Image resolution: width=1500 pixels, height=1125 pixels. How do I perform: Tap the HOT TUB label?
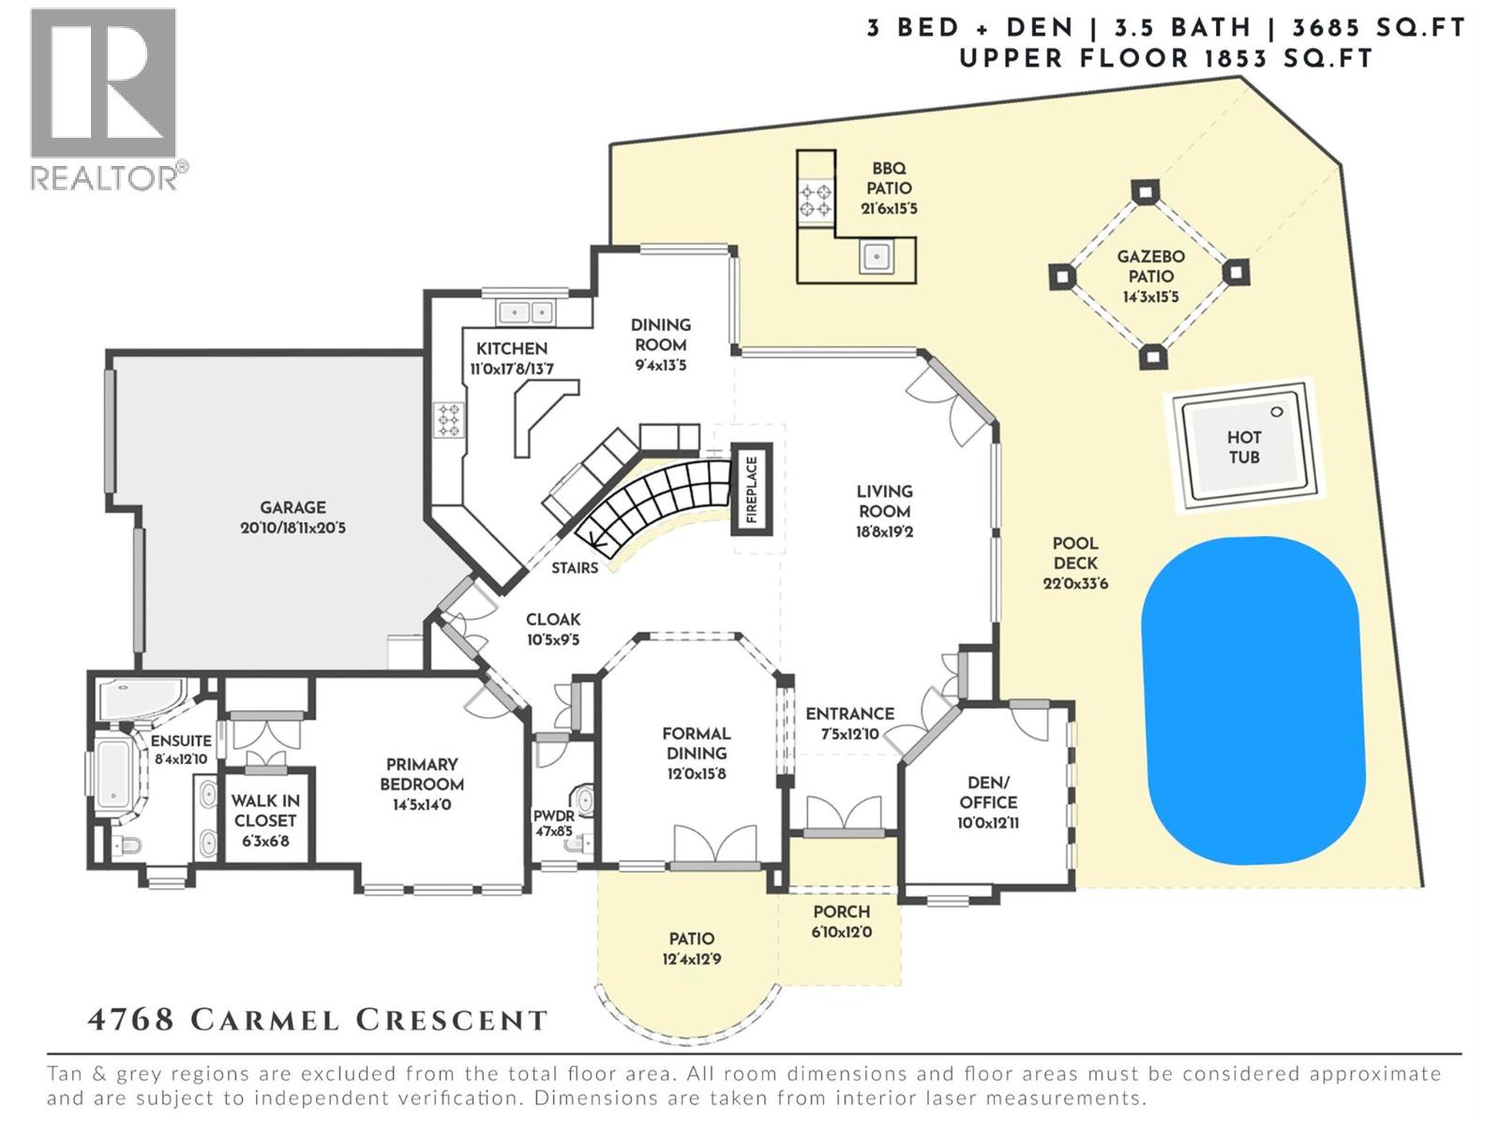(1243, 447)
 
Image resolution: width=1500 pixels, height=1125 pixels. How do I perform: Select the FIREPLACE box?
(751, 490)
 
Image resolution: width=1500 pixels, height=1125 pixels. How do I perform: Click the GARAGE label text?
(292, 507)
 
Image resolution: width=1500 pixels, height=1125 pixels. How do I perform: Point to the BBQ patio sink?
(877, 255)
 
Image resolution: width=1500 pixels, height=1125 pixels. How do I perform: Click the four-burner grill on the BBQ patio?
(814, 200)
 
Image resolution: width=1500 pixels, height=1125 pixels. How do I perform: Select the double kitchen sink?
(525, 311)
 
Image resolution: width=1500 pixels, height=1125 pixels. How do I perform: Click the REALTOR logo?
(103, 98)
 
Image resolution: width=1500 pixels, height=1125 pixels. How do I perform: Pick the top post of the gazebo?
(1144, 191)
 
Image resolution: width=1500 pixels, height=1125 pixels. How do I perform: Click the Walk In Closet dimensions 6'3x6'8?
(265, 841)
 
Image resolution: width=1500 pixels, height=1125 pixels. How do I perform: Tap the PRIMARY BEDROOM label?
(421, 774)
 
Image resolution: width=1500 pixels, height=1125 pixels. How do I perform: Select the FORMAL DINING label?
(696, 742)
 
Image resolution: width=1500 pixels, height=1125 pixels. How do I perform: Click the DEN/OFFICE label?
(988, 792)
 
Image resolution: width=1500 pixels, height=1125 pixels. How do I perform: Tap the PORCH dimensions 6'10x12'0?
(841, 932)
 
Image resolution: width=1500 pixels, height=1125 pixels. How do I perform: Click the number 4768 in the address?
(131, 1020)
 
